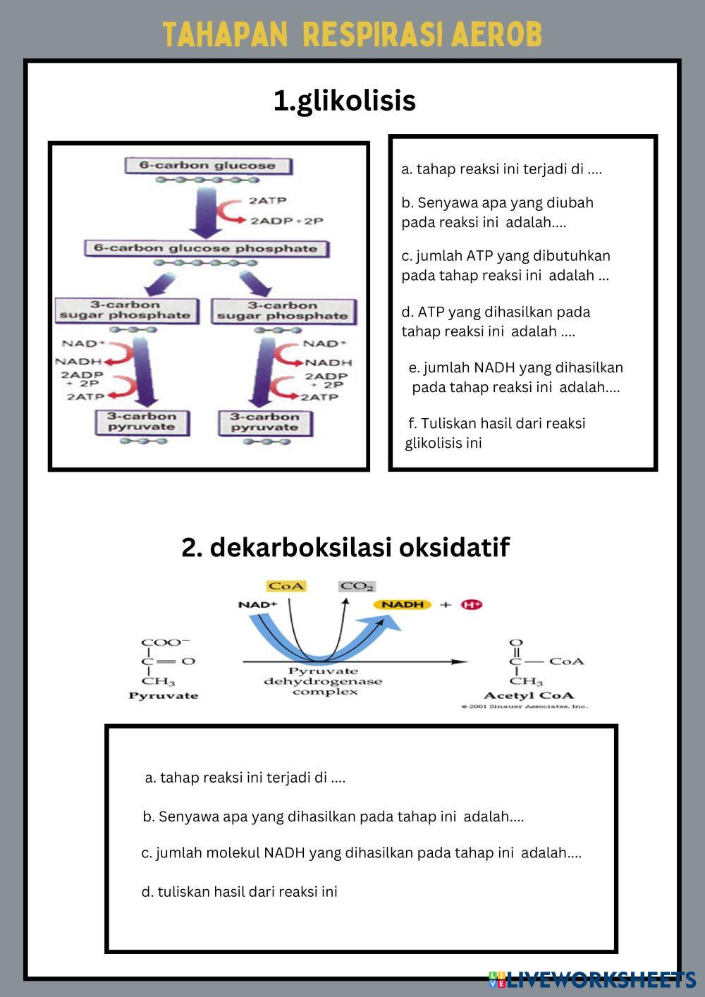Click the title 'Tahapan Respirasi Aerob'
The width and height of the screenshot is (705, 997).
click(352, 34)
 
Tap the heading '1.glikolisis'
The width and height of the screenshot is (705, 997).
click(345, 101)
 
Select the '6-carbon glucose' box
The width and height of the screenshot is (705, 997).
click(207, 166)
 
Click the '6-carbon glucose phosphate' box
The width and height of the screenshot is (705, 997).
click(205, 249)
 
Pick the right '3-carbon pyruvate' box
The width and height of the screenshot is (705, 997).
click(264, 422)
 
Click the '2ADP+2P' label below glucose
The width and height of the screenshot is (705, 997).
click(286, 221)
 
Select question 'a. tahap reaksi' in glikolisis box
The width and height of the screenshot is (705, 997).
click(501, 169)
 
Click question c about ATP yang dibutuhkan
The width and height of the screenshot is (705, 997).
click(505, 266)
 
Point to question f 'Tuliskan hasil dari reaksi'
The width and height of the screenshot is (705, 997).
click(496, 433)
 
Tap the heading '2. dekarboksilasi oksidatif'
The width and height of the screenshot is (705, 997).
click(345, 547)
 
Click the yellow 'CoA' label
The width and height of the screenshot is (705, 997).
click(286, 586)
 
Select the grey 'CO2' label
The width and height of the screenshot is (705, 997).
click(357, 586)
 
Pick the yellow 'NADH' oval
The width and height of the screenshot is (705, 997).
click(403, 604)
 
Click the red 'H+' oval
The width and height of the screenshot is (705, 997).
click(471, 604)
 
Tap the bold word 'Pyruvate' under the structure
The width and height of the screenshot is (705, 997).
click(164, 695)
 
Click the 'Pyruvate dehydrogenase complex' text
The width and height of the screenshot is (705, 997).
click(323, 681)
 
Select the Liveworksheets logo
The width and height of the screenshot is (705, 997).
click(592, 979)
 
